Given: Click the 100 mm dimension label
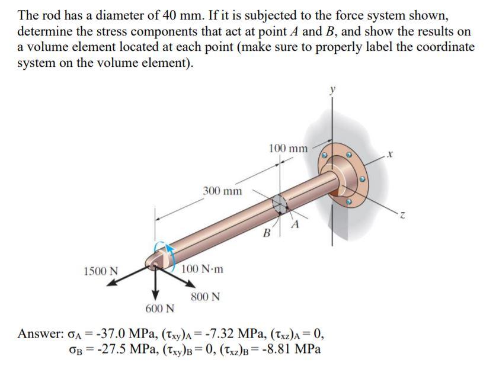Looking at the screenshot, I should (x=288, y=148).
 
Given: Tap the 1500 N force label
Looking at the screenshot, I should (x=100, y=271).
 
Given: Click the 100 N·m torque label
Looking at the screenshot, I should (x=203, y=269).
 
